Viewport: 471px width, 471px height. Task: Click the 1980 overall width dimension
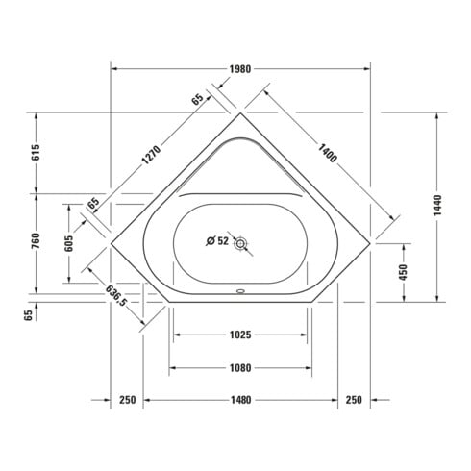click(x=240, y=69)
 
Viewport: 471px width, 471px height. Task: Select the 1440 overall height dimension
click(x=437, y=206)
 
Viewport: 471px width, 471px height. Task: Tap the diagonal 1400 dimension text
click(x=328, y=153)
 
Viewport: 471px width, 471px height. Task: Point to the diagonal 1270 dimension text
click(x=151, y=155)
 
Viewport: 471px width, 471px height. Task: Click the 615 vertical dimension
click(x=36, y=153)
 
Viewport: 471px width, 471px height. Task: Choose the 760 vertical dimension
click(x=36, y=241)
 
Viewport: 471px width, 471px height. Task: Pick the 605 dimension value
click(x=69, y=243)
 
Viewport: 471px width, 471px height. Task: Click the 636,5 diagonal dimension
click(x=116, y=295)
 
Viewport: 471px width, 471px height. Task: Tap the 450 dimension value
click(x=403, y=272)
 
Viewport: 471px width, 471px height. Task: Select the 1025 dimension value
click(x=240, y=335)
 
